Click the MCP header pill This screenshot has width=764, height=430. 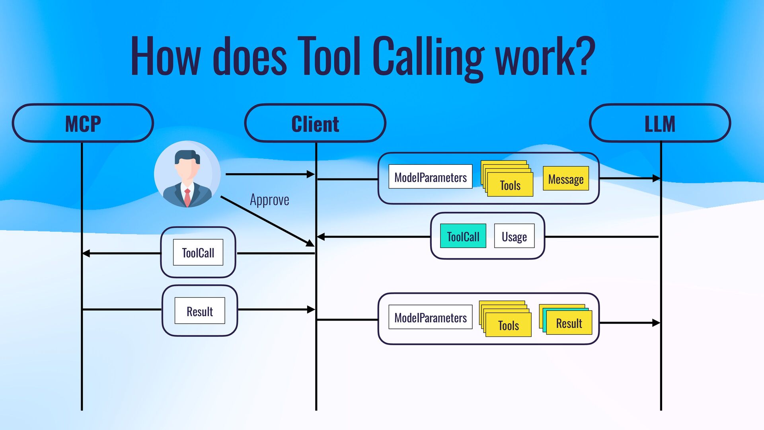83,123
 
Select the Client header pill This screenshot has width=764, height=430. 315,123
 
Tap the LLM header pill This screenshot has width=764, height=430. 660,123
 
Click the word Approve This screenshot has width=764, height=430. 269,199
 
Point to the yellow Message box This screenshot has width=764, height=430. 565,179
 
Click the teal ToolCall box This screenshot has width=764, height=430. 463,236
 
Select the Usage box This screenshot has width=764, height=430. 514,236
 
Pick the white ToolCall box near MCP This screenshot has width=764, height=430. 198,252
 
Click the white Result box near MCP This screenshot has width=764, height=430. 200,311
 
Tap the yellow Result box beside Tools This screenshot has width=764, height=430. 569,323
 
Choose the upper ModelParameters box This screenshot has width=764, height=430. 430,177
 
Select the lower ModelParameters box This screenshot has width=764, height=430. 430,317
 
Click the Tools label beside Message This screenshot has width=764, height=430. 510,185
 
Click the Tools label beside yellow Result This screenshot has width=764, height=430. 509,325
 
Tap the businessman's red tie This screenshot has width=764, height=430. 187,196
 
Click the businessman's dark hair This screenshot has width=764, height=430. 187,156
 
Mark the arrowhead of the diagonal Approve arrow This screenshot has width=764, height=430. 310,243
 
